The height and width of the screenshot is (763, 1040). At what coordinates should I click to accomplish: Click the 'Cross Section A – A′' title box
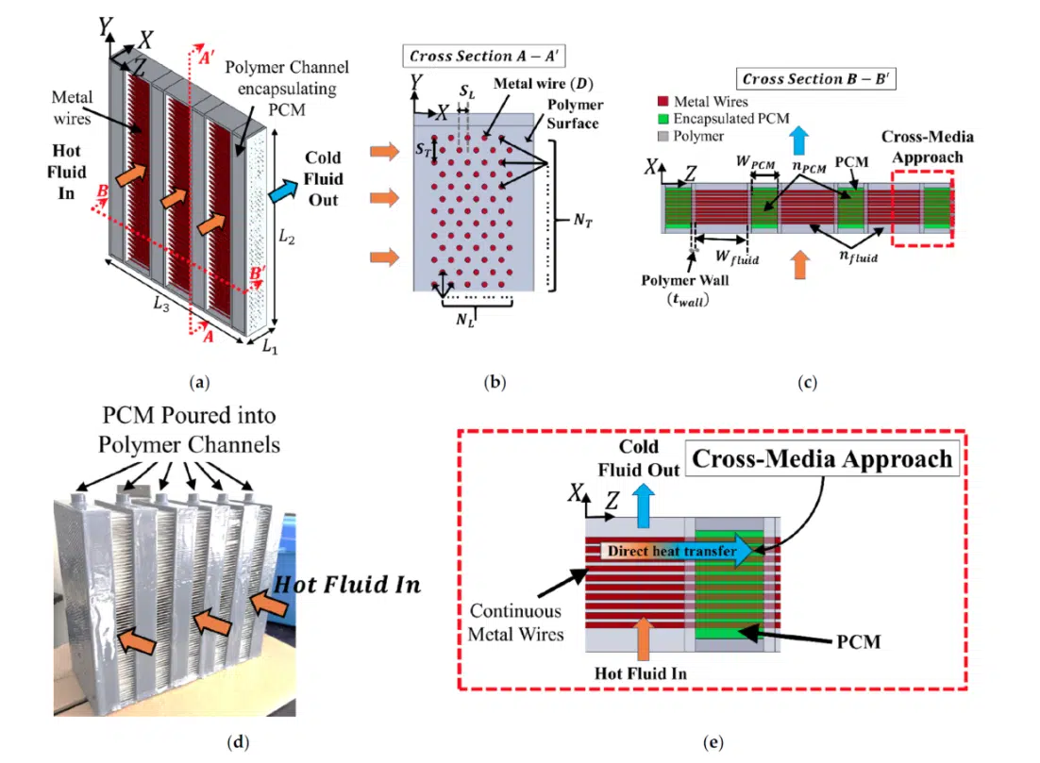(x=483, y=56)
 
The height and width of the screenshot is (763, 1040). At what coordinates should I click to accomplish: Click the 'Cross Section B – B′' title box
(x=815, y=79)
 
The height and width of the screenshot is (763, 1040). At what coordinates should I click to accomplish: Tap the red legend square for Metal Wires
(x=663, y=102)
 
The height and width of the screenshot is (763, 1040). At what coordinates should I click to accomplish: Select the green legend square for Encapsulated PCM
(x=663, y=119)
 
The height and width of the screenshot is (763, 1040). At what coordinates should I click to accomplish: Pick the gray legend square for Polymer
(x=663, y=136)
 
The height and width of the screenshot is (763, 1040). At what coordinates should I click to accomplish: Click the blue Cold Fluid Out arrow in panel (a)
(x=283, y=191)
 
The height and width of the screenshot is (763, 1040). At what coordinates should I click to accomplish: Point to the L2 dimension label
(x=287, y=237)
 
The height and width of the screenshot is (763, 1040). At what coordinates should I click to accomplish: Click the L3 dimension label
(x=161, y=304)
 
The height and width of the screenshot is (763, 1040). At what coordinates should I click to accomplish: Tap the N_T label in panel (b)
(x=582, y=220)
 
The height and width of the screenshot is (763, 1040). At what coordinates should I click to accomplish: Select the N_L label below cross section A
(x=465, y=320)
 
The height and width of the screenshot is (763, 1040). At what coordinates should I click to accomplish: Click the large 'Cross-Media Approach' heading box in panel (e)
(x=822, y=458)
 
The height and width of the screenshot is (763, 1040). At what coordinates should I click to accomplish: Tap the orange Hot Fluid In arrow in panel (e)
(x=643, y=641)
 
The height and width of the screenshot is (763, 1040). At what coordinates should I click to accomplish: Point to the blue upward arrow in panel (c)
(x=799, y=141)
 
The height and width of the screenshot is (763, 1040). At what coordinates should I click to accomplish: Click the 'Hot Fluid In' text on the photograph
(x=347, y=585)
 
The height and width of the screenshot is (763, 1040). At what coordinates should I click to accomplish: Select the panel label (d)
(x=238, y=742)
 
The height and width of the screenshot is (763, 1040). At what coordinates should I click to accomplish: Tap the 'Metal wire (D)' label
(x=544, y=84)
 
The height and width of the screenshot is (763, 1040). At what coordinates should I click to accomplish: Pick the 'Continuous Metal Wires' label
(x=515, y=622)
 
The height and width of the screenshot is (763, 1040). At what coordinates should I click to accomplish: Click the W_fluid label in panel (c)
(x=737, y=257)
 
